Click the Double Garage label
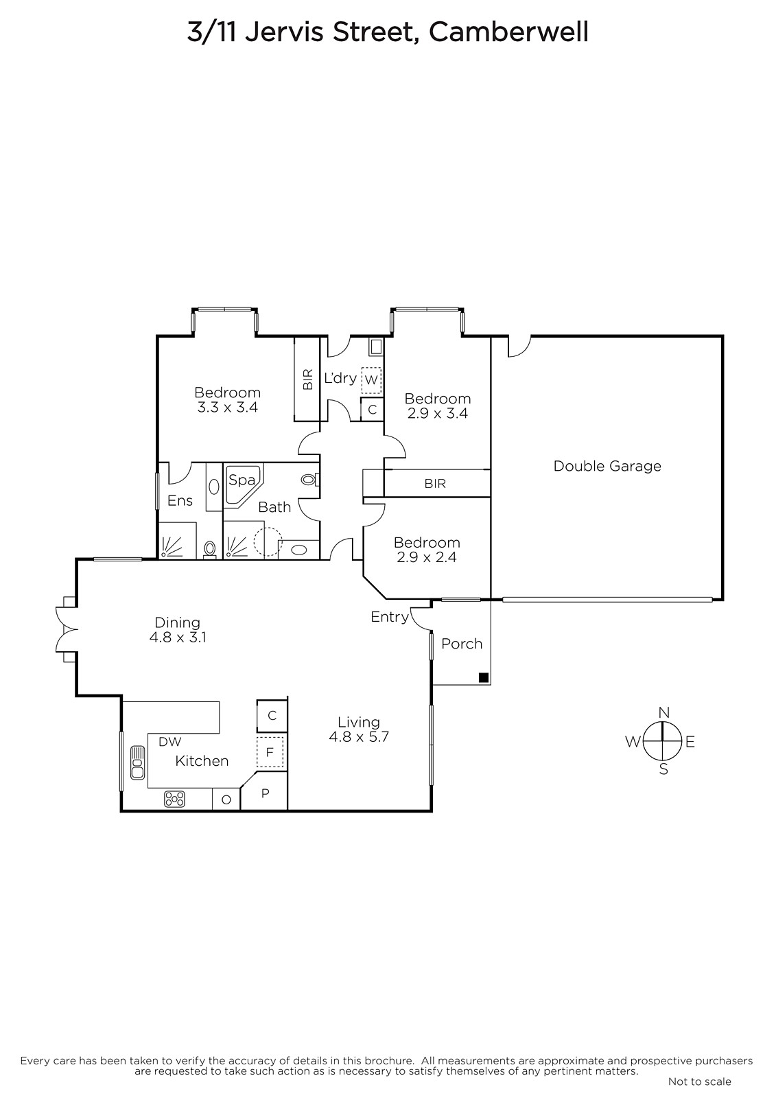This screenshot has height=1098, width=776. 607,466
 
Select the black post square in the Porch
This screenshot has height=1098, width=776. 483,678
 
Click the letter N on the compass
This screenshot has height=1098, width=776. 663,712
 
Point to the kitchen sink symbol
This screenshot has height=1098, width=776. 137,762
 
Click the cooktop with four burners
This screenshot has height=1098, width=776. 174,799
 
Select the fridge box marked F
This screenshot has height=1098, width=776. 270,753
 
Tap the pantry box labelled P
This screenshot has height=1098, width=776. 266,794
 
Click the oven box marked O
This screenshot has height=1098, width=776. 226,799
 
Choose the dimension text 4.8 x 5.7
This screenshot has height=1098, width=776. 359,737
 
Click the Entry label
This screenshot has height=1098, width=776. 389,617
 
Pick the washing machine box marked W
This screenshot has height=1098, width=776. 371,379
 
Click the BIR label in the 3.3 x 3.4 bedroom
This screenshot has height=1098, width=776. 308,379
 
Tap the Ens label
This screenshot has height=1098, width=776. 180,501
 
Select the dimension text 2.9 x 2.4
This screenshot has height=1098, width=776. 426,557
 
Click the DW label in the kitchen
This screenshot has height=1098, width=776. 169,742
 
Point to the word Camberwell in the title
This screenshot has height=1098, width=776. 509,32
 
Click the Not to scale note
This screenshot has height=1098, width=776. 699,1082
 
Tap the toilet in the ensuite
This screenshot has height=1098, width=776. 211,549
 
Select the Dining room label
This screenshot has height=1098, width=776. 177,622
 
